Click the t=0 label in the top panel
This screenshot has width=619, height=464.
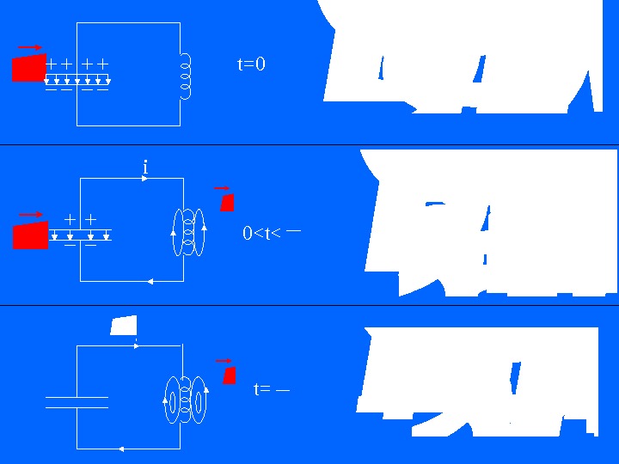(x=251, y=64)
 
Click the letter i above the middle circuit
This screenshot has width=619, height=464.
(x=145, y=168)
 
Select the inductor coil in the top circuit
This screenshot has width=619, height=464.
(x=184, y=75)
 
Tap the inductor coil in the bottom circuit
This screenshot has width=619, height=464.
(x=186, y=400)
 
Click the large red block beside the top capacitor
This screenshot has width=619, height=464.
(x=28, y=67)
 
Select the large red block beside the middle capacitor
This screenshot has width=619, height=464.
(x=30, y=235)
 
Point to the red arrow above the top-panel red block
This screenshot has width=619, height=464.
(x=29, y=46)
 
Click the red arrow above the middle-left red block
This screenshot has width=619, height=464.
(x=31, y=214)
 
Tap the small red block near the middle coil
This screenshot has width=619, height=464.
(x=227, y=202)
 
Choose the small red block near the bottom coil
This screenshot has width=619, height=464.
(x=229, y=375)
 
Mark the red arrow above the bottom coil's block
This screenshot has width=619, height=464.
(x=224, y=361)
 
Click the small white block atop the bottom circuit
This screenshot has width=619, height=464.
(x=124, y=326)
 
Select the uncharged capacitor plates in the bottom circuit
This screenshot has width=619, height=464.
(x=77, y=402)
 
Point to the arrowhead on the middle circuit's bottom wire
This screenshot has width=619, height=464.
(x=151, y=281)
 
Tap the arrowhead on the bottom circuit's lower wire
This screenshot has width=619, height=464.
(x=123, y=449)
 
